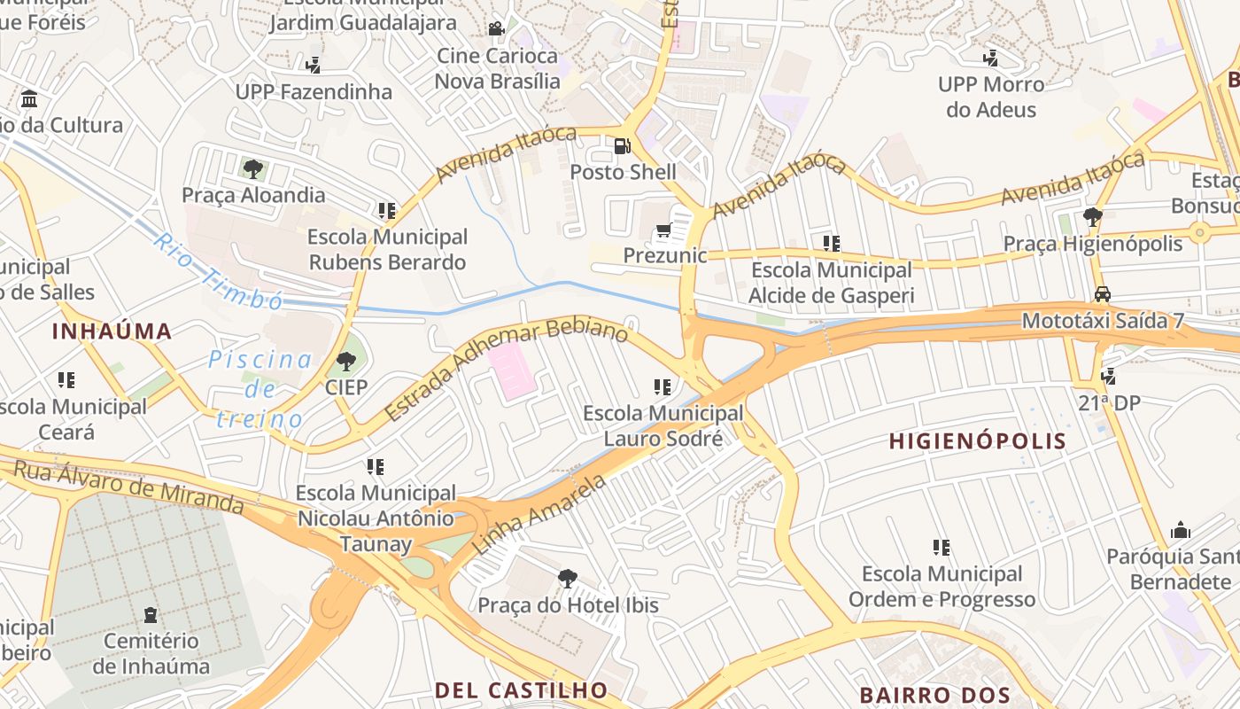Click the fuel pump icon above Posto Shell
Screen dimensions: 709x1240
click(x=623, y=145)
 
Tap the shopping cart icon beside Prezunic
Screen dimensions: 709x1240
click(x=663, y=231)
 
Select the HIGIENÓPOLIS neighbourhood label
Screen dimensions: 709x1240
click(x=977, y=440)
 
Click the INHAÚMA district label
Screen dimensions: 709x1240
click(x=112, y=331)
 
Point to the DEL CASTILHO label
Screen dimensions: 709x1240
click(x=521, y=690)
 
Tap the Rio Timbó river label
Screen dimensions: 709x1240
click(x=217, y=271)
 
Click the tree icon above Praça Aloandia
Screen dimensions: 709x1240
click(x=253, y=168)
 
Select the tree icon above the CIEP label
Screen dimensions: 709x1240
click(x=345, y=361)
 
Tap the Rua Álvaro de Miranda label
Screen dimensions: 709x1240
click(x=128, y=487)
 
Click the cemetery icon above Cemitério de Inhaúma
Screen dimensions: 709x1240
click(x=151, y=614)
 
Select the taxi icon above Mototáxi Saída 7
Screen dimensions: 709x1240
click(x=1102, y=294)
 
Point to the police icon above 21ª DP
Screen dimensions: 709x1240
click(x=1108, y=377)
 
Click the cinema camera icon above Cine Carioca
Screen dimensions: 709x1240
click(x=496, y=29)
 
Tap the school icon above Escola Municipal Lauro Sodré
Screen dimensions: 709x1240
click(x=662, y=387)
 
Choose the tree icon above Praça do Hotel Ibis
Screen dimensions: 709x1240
click(x=567, y=579)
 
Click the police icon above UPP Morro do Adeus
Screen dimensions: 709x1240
click(x=990, y=58)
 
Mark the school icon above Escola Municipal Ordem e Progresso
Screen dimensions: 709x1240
click(x=941, y=548)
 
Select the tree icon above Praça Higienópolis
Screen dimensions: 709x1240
click(x=1092, y=217)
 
